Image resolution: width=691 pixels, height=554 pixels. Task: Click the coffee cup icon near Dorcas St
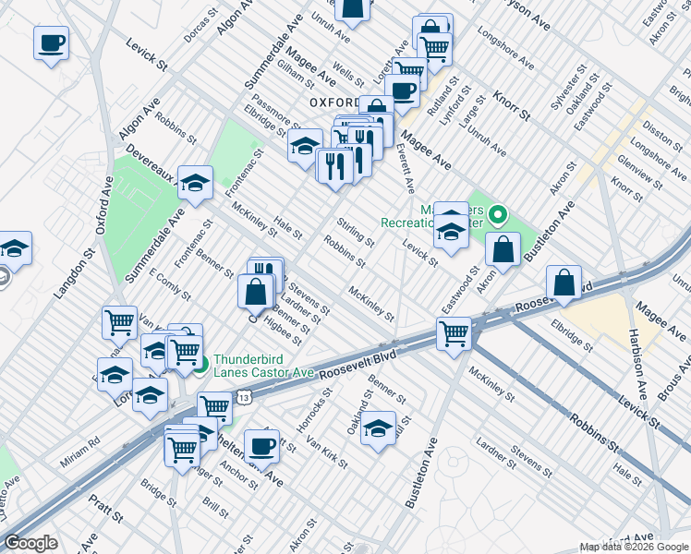pos(52,42)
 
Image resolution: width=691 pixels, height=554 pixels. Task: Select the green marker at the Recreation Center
pos(498,217)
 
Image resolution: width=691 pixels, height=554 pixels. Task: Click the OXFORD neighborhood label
pos(333,102)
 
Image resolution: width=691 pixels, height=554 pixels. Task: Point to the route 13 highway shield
pos(242,396)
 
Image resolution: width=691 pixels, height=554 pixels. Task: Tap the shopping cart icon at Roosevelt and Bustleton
pos(454,334)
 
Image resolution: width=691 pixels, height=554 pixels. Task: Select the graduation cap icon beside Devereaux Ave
pos(195,183)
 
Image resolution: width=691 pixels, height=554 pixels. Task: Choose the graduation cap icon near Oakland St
pos(378,428)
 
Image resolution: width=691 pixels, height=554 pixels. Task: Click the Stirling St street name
pos(355,234)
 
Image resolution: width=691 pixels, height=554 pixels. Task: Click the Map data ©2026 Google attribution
pos(633,547)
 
